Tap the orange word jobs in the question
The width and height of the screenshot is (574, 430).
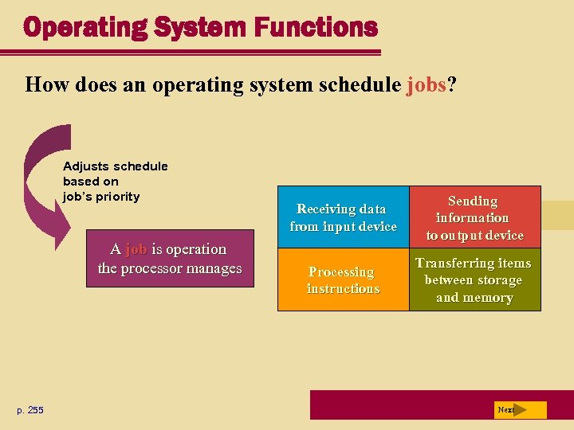(x=427, y=84)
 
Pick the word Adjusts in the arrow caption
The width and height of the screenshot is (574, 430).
(x=86, y=166)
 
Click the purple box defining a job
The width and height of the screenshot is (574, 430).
(x=169, y=259)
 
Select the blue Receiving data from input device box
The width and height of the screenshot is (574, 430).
(x=343, y=217)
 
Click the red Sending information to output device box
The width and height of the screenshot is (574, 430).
(x=474, y=217)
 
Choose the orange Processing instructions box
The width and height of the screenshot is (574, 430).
(x=343, y=280)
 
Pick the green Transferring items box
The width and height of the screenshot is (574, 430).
(x=474, y=280)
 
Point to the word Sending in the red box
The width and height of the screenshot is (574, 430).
(x=473, y=201)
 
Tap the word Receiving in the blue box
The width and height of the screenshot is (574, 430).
(x=327, y=209)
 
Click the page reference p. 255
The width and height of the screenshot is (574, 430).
(x=30, y=410)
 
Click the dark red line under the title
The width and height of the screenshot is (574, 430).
(x=191, y=53)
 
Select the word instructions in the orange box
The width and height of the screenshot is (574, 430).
(x=343, y=289)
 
